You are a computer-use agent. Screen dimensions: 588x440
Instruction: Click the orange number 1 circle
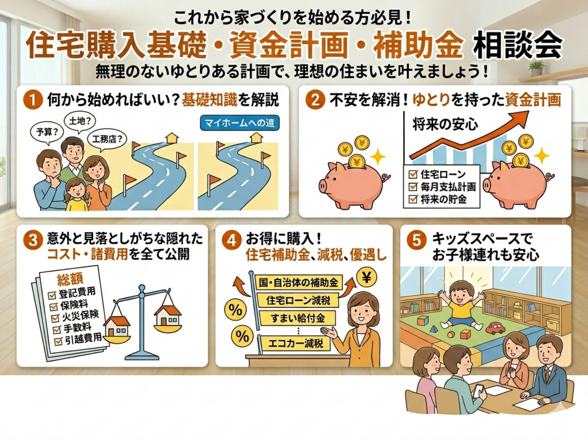click(x=33, y=100)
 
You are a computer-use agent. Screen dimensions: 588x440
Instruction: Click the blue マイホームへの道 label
click(x=239, y=123)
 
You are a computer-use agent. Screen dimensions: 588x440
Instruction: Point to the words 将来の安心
click(x=445, y=124)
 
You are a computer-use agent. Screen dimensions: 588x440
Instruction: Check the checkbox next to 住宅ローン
click(x=413, y=174)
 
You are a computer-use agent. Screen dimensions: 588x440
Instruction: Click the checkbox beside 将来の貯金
click(x=413, y=199)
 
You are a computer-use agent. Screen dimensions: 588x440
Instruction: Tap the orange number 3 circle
click(x=33, y=240)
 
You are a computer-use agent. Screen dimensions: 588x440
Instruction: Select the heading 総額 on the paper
click(x=70, y=279)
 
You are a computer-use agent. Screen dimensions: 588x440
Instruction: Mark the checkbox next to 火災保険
click(x=56, y=318)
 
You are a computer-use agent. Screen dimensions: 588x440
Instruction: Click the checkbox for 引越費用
click(x=59, y=342)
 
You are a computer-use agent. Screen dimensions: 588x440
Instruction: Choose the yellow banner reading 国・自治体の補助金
click(x=299, y=282)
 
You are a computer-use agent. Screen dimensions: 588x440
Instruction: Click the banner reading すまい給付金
click(x=297, y=319)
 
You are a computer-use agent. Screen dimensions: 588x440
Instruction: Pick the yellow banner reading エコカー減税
click(x=296, y=343)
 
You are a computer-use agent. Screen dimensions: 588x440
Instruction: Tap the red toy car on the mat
click(x=496, y=328)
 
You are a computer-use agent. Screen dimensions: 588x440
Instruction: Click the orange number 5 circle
click(x=417, y=240)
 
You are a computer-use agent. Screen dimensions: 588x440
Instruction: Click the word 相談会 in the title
click(x=518, y=46)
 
